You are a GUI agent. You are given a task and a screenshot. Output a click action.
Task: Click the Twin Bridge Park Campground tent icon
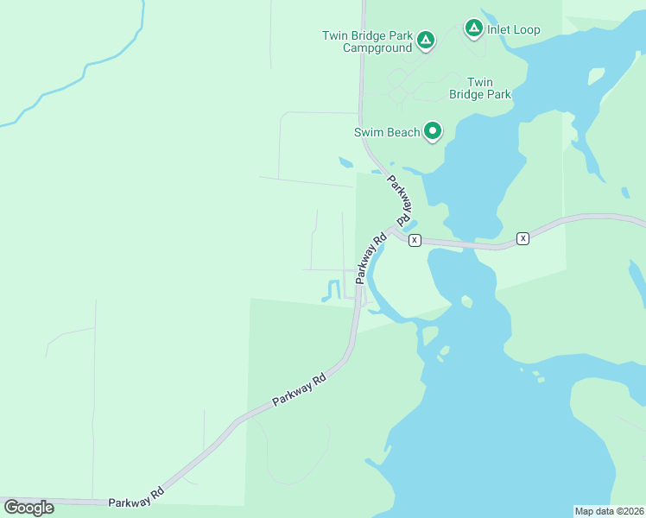point(425,40)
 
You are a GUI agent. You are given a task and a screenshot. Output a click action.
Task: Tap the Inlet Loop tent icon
point(473,28)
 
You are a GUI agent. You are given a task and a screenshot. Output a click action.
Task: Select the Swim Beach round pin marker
point(433,131)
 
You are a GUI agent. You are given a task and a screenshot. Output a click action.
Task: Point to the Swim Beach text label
point(386,132)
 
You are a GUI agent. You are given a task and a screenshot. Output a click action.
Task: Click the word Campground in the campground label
point(377,48)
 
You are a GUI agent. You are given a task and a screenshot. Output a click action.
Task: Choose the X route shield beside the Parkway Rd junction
point(415,240)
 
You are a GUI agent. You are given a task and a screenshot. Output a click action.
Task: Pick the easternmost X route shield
point(522,237)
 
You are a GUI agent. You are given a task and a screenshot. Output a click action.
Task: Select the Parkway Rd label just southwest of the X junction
point(369,257)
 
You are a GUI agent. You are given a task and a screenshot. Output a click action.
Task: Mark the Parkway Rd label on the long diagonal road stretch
point(299,389)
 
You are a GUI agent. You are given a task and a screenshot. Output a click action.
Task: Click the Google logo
point(28,507)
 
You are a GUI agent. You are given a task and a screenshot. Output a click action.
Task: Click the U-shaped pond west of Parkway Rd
point(331,292)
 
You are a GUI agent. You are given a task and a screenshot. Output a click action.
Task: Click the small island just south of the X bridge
point(466,301)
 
